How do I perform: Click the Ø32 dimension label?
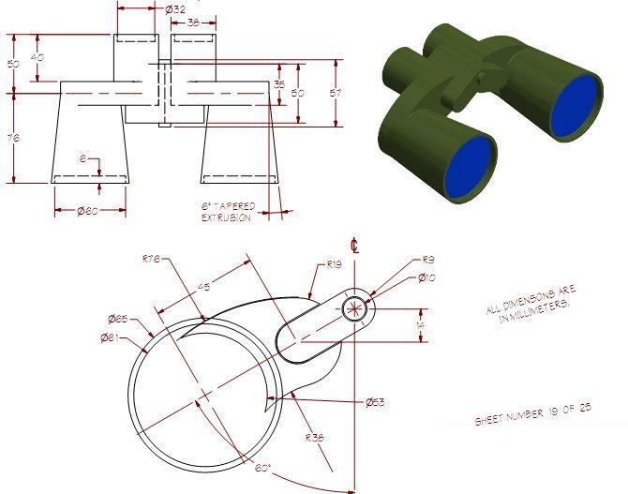click(x=175, y=9)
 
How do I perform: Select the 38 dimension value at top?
click(x=192, y=22)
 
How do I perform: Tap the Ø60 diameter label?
click(x=89, y=211)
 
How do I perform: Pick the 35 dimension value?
click(x=278, y=84)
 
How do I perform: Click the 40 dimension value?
click(x=37, y=57)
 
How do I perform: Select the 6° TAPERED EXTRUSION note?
click(x=226, y=211)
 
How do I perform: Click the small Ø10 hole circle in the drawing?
click(x=354, y=307)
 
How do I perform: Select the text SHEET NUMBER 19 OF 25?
click(x=532, y=413)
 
